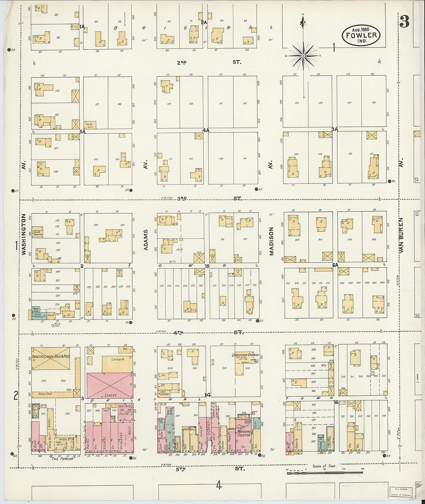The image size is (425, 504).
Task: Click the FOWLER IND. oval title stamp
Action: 361,36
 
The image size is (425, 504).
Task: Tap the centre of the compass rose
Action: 303,56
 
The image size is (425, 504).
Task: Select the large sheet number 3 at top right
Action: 404,23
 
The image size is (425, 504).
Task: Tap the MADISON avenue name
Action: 271,241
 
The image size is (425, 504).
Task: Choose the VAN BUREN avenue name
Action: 401,235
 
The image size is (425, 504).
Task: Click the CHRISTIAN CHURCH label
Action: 245,355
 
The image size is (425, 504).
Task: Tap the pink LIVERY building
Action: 110,385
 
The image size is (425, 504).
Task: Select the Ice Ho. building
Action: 90,125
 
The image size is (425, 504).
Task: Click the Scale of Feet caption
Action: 324,466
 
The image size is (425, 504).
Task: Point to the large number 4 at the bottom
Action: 219,485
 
